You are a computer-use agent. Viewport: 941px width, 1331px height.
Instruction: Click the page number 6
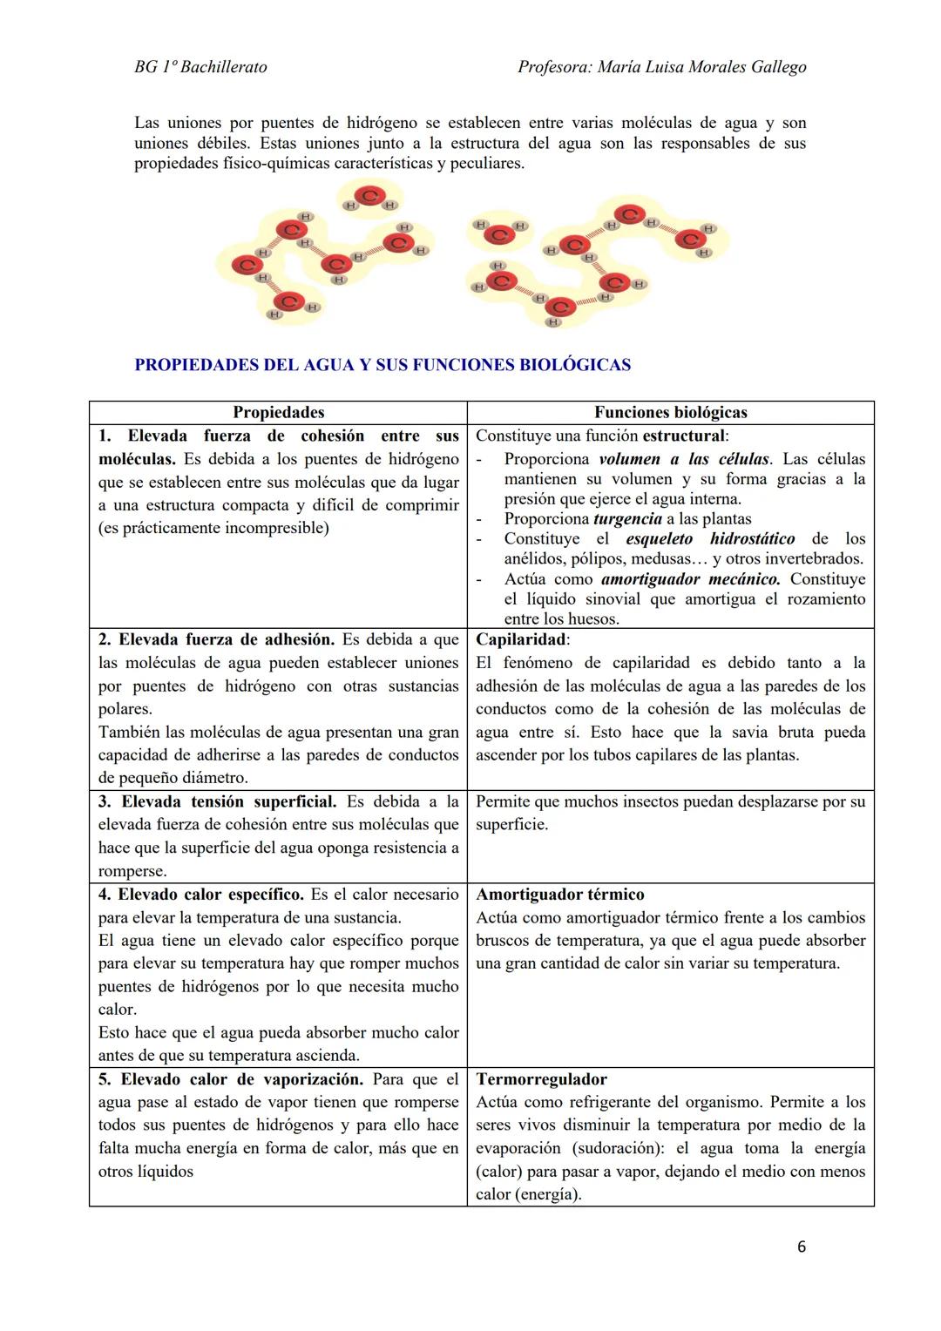click(x=801, y=1247)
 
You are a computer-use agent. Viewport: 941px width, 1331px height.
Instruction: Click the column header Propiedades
click(x=278, y=413)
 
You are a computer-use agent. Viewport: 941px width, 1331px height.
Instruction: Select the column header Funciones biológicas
click(x=670, y=413)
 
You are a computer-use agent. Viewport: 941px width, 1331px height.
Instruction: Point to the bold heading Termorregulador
click(x=541, y=1079)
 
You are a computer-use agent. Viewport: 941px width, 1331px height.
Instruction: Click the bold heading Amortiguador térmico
click(x=560, y=895)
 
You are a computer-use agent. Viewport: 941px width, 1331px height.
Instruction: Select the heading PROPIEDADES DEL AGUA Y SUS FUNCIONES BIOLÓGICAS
click(x=382, y=365)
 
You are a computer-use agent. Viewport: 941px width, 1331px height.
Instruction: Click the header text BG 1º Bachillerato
click(x=200, y=67)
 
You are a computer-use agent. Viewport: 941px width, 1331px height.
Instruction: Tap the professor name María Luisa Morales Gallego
click(x=701, y=67)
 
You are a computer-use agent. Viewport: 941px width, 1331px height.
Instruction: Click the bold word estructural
click(x=683, y=436)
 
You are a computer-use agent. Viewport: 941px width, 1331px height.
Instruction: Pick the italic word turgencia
click(x=627, y=519)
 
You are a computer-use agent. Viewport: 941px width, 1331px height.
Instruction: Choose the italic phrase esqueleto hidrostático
click(x=710, y=539)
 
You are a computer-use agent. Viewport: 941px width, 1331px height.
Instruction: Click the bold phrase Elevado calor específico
click(x=211, y=895)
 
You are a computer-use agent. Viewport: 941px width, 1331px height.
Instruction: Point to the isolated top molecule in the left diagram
click(x=369, y=199)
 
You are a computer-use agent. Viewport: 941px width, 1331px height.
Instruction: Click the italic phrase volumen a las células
click(x=684, y=459)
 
